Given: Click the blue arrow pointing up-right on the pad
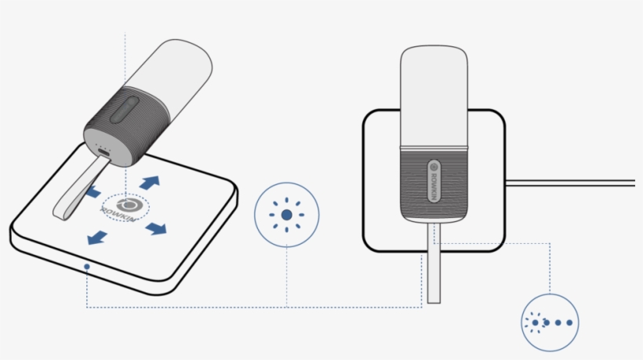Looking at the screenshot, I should point(150,182).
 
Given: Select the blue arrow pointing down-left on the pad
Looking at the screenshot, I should point(96,237).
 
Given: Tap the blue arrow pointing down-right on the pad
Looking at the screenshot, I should point(156,228).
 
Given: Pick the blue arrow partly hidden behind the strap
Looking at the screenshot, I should point(93,192).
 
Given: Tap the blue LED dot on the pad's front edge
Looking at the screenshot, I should point(87,267).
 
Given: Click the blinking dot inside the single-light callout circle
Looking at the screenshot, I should point(287,214).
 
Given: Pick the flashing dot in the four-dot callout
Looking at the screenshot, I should point(536,322).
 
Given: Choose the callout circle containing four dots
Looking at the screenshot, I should point(552,322).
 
